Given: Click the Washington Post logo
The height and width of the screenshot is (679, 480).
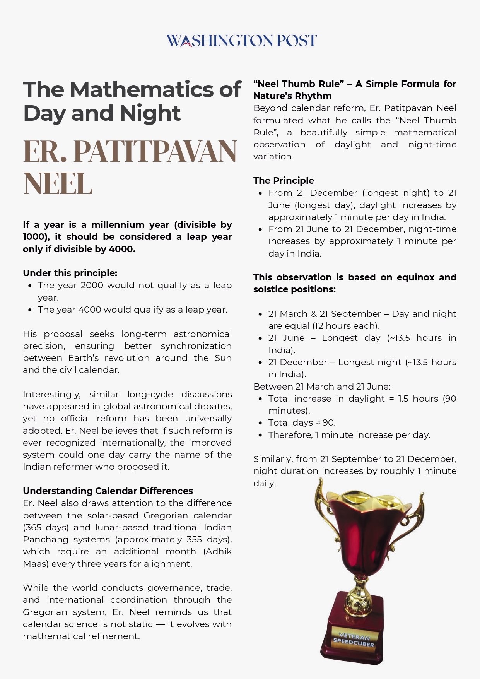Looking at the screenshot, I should coord(241,41).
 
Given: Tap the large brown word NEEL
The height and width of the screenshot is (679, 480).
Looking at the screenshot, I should coord(58,183).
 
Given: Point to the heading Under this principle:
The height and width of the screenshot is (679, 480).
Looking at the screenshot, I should coord(70,273).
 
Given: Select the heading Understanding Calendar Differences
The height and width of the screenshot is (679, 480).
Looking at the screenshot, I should coord(108,491).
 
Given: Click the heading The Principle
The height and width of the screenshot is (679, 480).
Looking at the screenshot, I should coord(284,181).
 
